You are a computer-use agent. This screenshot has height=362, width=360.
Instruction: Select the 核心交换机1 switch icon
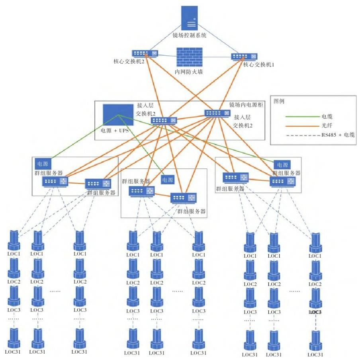click(245, 57)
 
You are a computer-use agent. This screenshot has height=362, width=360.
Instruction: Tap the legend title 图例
click(279, 101)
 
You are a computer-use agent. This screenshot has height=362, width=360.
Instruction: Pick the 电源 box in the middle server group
click(168, 180)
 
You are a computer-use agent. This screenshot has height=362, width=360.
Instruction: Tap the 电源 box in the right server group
click(282, 164)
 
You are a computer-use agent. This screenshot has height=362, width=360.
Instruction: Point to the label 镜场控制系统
click(190, 35)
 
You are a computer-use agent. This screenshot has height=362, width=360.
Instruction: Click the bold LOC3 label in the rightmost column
click(315, 312)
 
